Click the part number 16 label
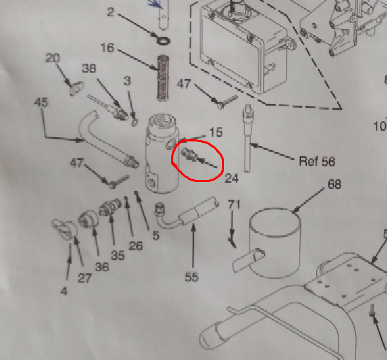[108, 48]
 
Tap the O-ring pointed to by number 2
[163, 41]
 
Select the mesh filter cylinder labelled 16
[163, 78]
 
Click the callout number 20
[53, 58]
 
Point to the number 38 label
[89, 68]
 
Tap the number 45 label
[41, 102]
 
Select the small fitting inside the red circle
[189, 155]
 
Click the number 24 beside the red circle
[231, 178]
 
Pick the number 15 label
[216, 132]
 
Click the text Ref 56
[317, 161]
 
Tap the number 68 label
[334, 184]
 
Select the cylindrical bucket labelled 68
[275, 243]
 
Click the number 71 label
[234, 204]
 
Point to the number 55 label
[191, 277]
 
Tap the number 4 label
[64, 292]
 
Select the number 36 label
[102, 267]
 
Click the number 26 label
[135, 246]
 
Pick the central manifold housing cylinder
[162, 153]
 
